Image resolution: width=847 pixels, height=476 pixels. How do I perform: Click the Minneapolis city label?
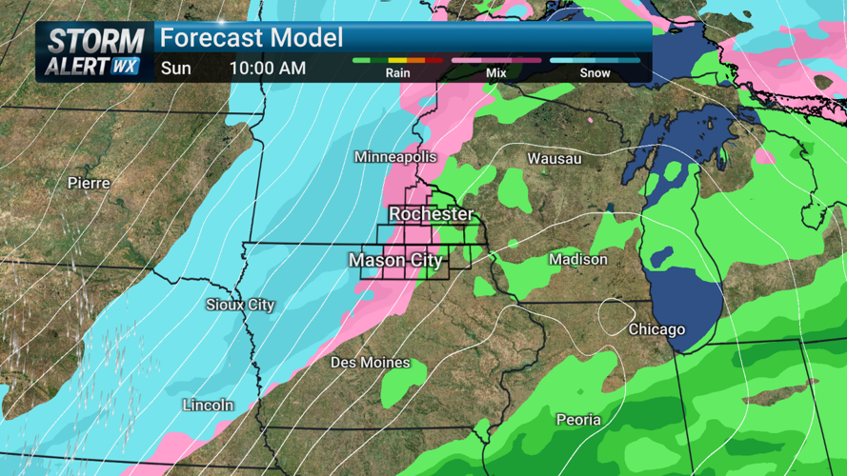pyautogui.click(x=395, y=156)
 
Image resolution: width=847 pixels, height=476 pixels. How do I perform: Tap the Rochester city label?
pyautogui.click(x=431, y=214)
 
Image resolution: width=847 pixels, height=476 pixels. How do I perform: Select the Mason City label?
pyautogui.click(x=395, y=260)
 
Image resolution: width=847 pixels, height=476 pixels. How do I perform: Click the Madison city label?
pyautogui.click(x=577, y=259)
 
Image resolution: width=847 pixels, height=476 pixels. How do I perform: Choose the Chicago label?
pyautogui.click(x=656, y=329)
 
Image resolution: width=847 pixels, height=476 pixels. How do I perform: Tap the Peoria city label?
pyautogui.click(x=578, y=419)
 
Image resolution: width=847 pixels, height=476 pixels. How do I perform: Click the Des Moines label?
pyautogui.click(x=370, y=363)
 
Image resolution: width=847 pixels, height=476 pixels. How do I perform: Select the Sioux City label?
pyautogui.click(x=240, y=305)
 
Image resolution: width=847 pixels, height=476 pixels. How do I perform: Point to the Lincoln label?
pyautogui.click(x=208, y=405)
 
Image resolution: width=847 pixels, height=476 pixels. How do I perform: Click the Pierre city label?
pyautogui.click(x=89, y=182)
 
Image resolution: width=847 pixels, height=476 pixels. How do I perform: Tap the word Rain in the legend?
pyautogui.click(x=398, y=72)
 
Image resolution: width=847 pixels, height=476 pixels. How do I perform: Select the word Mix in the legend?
pyautogui.click(x=495, y=72)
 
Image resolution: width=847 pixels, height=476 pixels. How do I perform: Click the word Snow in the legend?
pyautogui.click(x=595, y=72)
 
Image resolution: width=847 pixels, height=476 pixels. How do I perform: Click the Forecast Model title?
pyautogui.click(x=251, y=39)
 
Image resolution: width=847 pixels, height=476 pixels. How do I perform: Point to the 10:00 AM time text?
pyautogui.click(x=268, y=69)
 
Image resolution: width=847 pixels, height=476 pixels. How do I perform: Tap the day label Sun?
pyautogui.click(x=175, y=69)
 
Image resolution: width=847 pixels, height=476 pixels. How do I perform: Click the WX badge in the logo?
pyautogui.click(x=125, y=67)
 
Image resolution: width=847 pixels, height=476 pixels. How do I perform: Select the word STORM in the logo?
pyautogui.click(x=95, y=42)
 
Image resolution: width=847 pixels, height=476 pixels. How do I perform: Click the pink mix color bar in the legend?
pyautogui.click(x=495, y=60)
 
